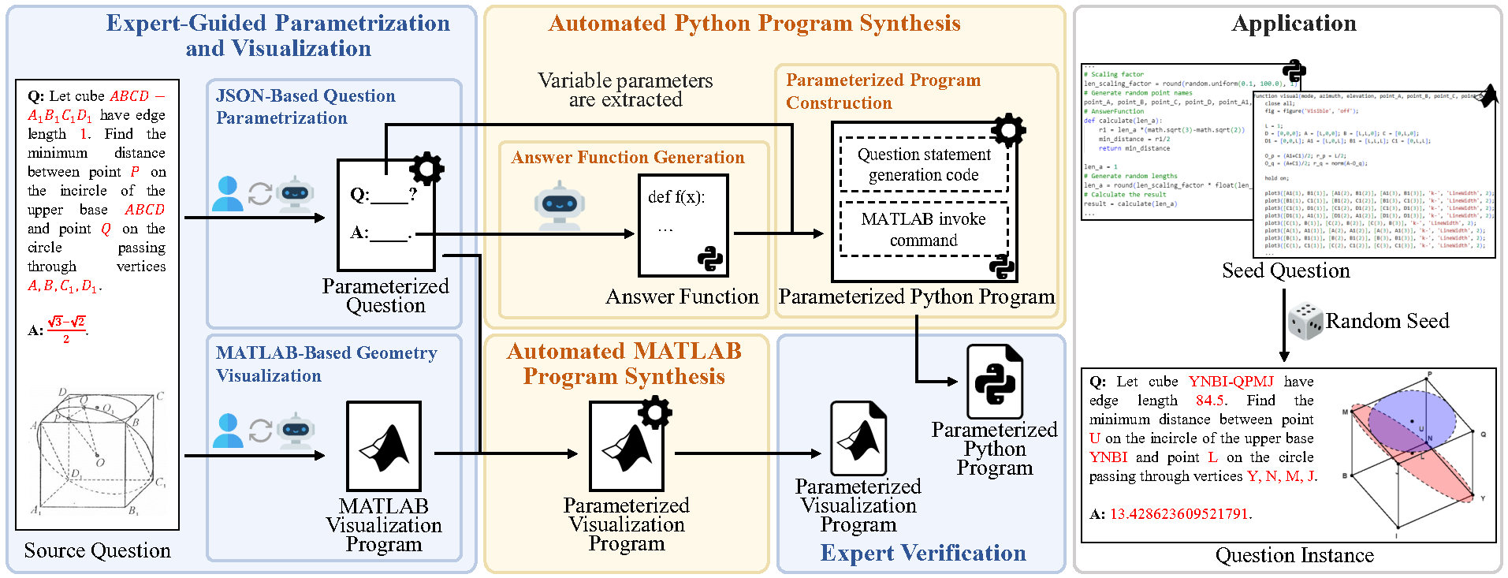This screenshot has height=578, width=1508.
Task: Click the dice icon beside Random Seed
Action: (x=1305, y=322)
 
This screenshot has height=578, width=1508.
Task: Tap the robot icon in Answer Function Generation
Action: (x=559, y=204)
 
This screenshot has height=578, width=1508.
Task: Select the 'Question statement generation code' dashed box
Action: (x=924, y=165)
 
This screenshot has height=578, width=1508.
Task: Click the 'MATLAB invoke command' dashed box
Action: (x=924, y=229)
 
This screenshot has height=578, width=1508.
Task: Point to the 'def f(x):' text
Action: (x=676, y=197)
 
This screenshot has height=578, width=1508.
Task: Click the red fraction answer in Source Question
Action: (x=66, y=330)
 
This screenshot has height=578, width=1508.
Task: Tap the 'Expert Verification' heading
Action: (x=923, y=554)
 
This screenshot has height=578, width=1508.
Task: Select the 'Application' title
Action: (x=1294, y=24)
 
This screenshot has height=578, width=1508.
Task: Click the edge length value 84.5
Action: (x=1210, y=401)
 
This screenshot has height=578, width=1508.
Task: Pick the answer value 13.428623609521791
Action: (x=1178, y=514)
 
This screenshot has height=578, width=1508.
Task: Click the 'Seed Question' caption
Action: (x=1286, y=271)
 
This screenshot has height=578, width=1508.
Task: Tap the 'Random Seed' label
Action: (x=1387, y=321)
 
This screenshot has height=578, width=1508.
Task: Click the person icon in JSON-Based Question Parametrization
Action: (x=228, y=193)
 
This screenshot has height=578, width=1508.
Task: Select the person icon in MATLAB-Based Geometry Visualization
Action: (x=228, y=431)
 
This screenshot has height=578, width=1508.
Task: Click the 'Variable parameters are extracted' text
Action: (x=625, y=90)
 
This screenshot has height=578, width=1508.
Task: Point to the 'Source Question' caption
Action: (x=97, y=550)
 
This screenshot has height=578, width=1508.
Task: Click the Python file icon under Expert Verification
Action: (x=994, y=382)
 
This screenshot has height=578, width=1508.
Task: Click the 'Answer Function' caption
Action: (x=682, y=297)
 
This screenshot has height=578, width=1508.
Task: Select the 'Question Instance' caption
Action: (x=1294, y=556)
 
